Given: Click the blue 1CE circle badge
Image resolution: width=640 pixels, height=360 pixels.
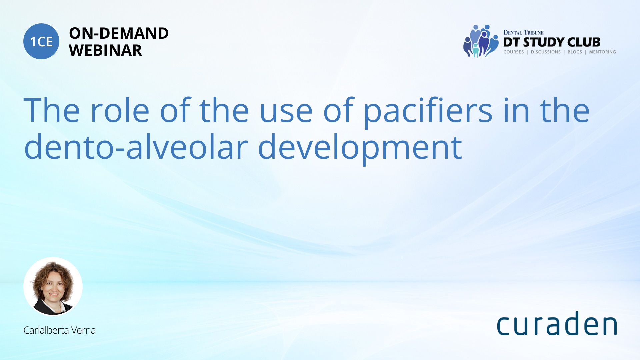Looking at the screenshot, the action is coord(41,41).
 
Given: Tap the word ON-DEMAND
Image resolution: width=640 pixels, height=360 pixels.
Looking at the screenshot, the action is coord(119,33).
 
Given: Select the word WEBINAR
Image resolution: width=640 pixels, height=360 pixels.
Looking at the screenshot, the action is coord(105,50).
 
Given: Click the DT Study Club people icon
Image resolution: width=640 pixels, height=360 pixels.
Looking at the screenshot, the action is coord(481,41).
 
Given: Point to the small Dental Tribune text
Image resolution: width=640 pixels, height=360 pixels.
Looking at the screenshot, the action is coord(523,33).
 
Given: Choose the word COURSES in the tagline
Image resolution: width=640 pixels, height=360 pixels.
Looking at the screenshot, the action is coord(513,52).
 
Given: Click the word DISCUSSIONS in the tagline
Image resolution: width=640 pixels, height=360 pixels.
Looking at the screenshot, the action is coord(546,52).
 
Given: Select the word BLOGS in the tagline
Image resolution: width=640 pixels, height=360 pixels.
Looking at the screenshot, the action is coord(575,52).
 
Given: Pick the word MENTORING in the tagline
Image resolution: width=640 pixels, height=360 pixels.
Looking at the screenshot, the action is coord(602,52).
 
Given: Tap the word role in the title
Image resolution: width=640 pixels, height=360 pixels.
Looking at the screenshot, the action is coord(119,110).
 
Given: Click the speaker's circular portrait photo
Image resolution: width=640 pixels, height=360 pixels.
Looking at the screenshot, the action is coord(53,286).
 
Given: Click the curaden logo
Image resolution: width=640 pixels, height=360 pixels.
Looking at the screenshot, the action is coord(557,323).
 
